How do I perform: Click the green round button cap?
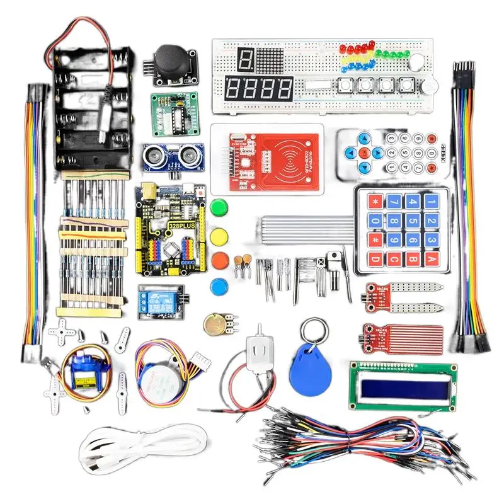pyautogui.click(x=219, y=207)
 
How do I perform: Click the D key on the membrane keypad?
pyautogui.click(x=376, y=258)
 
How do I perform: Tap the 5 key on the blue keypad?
pyautogui.click(x=395, y=221)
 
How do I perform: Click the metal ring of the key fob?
pyautogui.click(x=314, y=331)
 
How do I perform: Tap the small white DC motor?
pyautogui.click(x=258, y=352)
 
